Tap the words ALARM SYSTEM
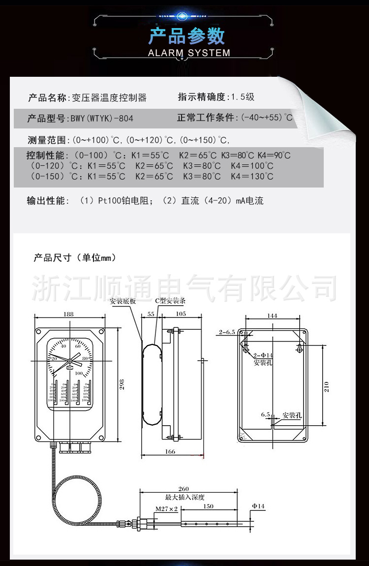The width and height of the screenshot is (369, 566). coord(189,53)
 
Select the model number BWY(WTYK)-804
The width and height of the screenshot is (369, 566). coord(102,119)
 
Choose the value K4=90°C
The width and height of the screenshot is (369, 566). coord(274,156)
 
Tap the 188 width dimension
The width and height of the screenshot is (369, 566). coord(68,314)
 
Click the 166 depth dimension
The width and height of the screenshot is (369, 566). coord(170,451)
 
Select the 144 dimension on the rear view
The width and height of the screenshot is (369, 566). coord(272,316)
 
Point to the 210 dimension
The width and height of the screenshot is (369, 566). coord(327,386)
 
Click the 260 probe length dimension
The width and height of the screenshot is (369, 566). coord(183,489)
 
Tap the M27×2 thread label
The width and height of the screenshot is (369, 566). coord(167,508)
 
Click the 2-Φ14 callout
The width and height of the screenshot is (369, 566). coord(263,355)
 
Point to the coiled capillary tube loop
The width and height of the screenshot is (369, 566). coord(74,497)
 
